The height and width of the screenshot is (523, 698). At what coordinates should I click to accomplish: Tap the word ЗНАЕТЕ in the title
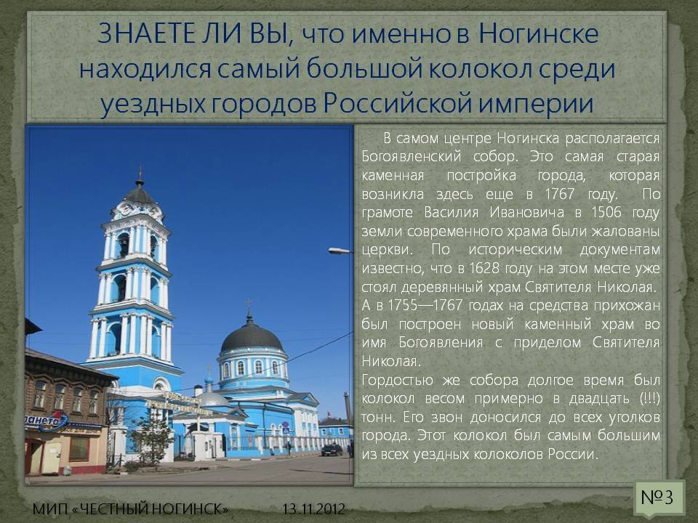(x=146, y=33)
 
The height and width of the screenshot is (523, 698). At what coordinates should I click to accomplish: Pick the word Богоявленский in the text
(x=411, y=157)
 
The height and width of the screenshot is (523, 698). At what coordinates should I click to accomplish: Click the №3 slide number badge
(x=657, y=496)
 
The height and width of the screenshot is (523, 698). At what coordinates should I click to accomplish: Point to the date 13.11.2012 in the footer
(x=313, y=508)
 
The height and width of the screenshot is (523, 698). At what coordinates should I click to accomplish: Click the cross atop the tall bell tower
(x=140, y=172)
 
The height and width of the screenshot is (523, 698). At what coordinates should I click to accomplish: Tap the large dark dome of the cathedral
(x=252, y=336)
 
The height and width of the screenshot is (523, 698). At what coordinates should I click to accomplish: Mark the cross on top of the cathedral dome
(x=249, y=306)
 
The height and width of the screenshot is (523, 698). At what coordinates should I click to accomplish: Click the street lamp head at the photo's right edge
(x=340, y=251)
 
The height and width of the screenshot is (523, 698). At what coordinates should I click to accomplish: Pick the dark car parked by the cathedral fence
(x=332, y=450)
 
